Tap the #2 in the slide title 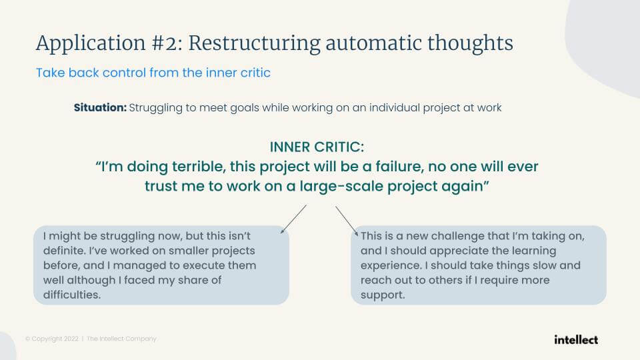pyautogui.click(x=167, y=43)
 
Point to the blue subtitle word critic pyautogui.click(x=255, y=73)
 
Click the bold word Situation pyautogui.click(x=100, y=108)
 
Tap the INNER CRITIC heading pyautogui.click(x=317, y=147)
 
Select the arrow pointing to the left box pyautogui.click(x=293, y=219)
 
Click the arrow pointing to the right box pyautogui.click(x=347, y=221)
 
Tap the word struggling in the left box pyautogui.click(x=127, y=236)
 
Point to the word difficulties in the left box pyautogui.click(x=72, y=295)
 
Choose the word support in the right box pyautogui.click(x=383, y=295)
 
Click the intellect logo pyautogui.click(x=576, y=339)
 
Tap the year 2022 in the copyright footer pyautogui.click(x=71, y=339)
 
